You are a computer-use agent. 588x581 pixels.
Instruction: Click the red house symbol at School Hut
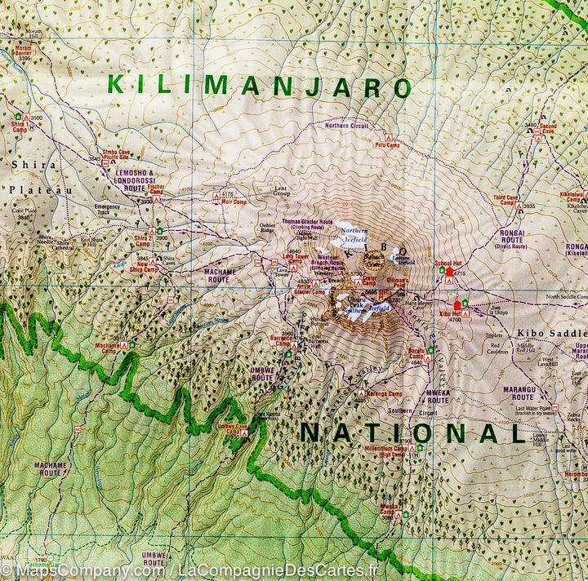(x=449, y=271)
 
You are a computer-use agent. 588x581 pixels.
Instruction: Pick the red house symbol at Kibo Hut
(x=457, y=306)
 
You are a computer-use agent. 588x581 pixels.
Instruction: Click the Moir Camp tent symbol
(x=216, y=197)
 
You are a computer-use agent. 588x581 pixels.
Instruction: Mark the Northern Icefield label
(x=353, y=236)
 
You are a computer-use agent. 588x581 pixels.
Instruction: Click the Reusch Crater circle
(x=374, y=259)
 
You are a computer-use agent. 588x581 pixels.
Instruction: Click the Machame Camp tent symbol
(x=124, y=346)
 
